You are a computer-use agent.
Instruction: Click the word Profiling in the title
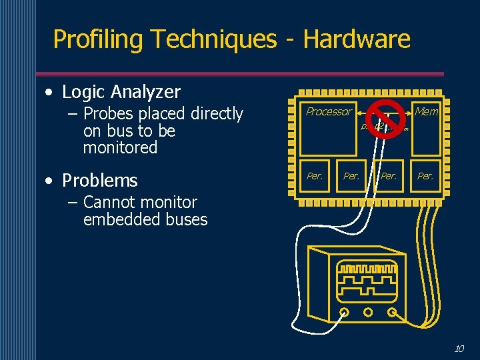click(x=98, y=39)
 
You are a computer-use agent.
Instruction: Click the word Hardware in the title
click(x=357, y=39)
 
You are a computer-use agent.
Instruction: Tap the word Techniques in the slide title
click(x=213, y=39)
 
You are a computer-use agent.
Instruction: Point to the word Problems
click(x=99, y=180)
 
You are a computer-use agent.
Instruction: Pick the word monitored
click(x=120, y=147)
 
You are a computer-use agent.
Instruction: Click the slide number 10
click(x=459, y=349)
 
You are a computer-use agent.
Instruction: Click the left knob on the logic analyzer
click(x=345, y=312)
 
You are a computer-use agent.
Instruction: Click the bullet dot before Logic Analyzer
click(x=50, y=92)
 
